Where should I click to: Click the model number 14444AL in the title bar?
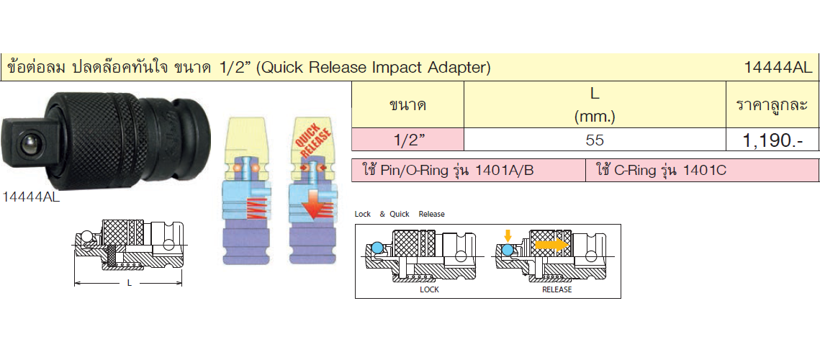(779, 67)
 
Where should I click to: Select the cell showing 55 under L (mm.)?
(595, 140)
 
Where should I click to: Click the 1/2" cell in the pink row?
(407, 140)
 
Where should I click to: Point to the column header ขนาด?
(407, 105)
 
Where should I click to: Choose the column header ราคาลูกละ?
(772, 104)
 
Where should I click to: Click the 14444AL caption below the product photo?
(32, 197)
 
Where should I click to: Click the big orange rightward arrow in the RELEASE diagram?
(551, 244)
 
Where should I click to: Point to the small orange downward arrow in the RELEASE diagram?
(508, 235)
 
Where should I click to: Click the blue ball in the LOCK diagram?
(377, 248)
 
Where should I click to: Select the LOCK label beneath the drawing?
(430, 289)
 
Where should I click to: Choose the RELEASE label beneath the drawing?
(557, 289)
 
